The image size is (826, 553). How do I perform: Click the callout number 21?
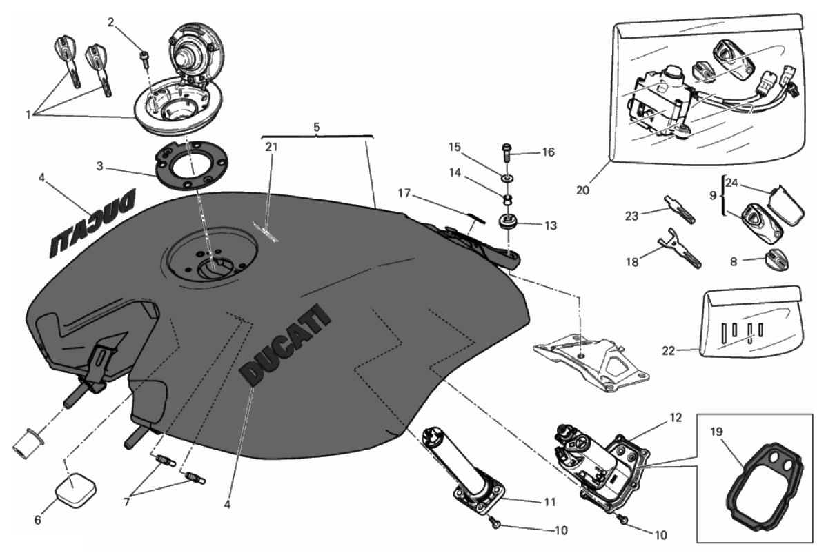click(271, 146)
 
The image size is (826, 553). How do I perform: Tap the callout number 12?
click(674, 418)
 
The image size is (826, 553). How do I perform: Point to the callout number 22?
click(667, 350)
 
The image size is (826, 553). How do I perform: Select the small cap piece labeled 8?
click(775, 260)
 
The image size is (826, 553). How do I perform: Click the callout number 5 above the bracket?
click(317, 127)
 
